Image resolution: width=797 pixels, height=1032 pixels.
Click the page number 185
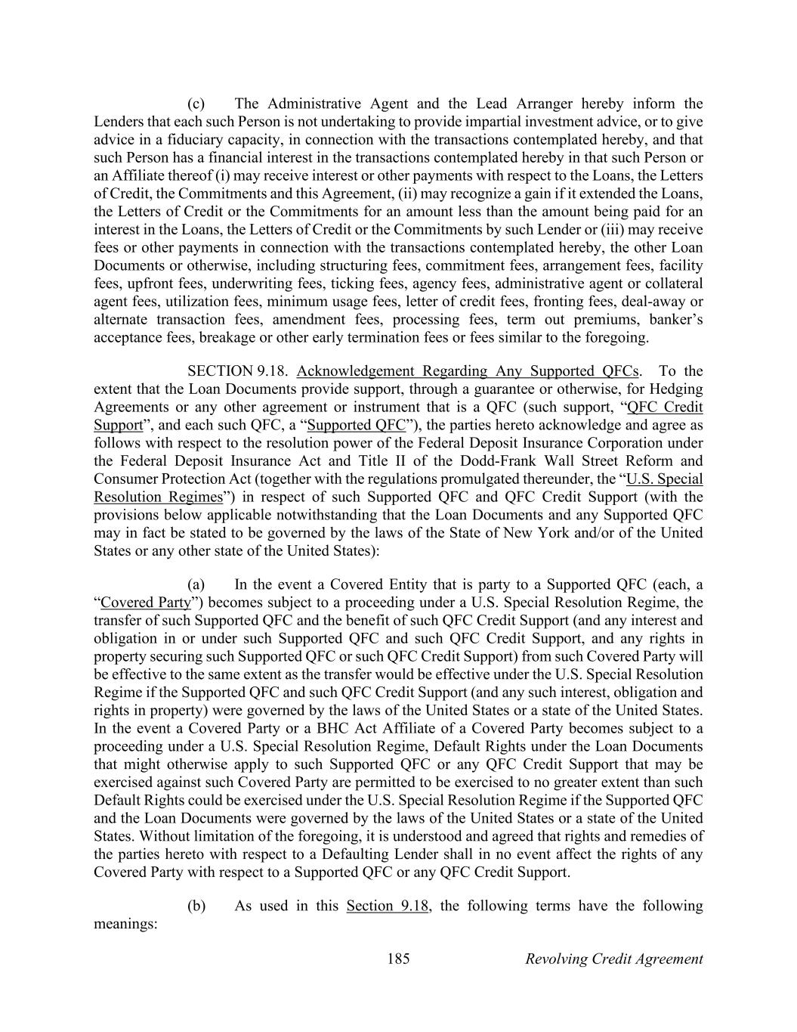[x=398, y=959]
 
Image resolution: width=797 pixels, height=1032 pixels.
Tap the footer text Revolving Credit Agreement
[x=613, y=959]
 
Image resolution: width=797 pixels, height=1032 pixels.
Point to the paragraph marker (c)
[x=196, y=104]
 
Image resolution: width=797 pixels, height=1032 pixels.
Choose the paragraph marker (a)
[x=196, y=584]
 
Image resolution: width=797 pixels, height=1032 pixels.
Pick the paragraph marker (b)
[x=196, y=906]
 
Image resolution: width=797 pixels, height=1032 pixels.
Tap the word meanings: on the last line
[x=125, y=924]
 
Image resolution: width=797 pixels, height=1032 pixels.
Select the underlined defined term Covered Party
[x=145, y=603]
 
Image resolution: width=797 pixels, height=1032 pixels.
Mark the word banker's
[x=675, y=319]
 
